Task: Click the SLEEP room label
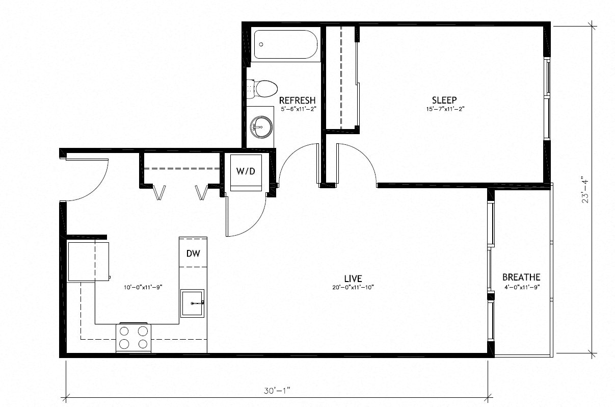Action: pyautogui.click(x=444, y=100)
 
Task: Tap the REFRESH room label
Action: pyautogui.click(x=298, y=100)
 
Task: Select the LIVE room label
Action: pyautogui.click(x=353, y=278)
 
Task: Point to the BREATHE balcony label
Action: pyautogui.click(x=521, y=277)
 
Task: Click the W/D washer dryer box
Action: pyautogui.click(x=246, y=172)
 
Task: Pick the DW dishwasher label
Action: pyautogui.click(x=193, y=253)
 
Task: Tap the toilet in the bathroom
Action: pyautogui.click(x=262, y=89)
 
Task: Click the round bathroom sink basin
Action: pyautogui.click(x=261, y=126)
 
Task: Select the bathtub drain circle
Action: pyautogui.click(x=261, y=44)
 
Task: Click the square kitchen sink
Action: pyautogui.click(x=192, y=303)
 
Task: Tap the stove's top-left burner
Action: pyautogui.click(x=124, y=332)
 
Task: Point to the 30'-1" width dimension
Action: pyautogui.click(x=277, y=391)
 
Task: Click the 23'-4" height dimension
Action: pyautogui.click(x=585, y=189)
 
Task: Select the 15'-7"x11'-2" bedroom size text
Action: pyautogui.click(x=445, y=109)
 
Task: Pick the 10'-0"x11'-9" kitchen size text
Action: pyautogui.click(x=143, y=288)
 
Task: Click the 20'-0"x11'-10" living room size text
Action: pyautogui.click(x=353, y=288)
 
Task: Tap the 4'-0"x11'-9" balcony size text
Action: pyautogui.click(x=522, y=288)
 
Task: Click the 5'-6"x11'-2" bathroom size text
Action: pyautogui.click(x=299, y=109)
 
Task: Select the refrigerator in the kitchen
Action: pyautogui.click(x=89, y=261)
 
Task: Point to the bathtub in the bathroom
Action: pyautogui.click(x=286, y=44)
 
